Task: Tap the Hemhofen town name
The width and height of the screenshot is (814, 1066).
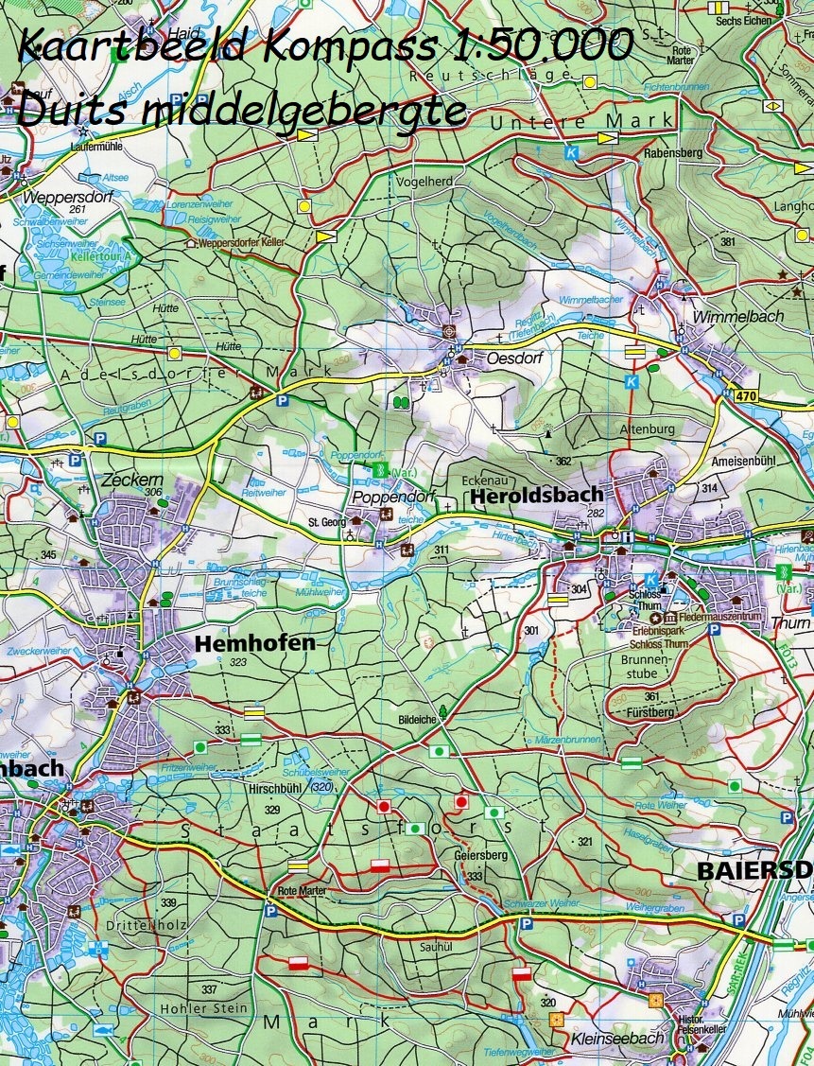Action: pos(254,644)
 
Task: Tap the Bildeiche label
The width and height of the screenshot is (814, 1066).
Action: pos(415,720)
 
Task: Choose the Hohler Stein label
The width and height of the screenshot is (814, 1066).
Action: pos(204,1008)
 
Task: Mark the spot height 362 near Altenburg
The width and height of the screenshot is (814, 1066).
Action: pos(563,462)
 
